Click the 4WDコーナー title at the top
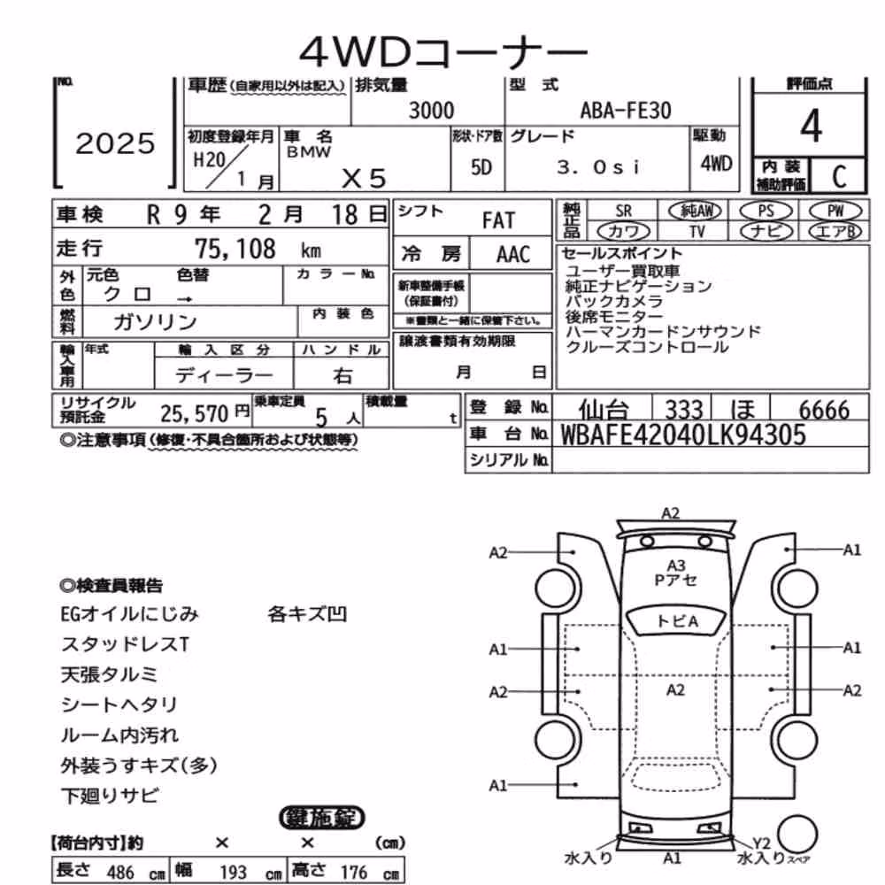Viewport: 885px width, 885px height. pyautogui.click(x=443, y=51)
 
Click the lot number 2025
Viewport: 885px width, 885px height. pyautogui.click(x=115, y=143)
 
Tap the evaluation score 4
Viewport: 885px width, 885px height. pyautogui.click(x=811, y=126)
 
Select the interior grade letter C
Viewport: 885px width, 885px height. pyautogui.click(x=839, y=177)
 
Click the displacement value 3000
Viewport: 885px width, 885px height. pyautogui.click(x=431, y=110)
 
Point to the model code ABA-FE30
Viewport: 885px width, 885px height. pyautogui.click(x=626, y=111)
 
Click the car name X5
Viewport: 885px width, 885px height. pyautogui.click(x=364, y=179)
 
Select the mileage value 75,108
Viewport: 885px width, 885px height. pyautogui.click(x=235, y=249)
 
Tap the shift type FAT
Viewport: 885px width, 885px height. pyautogui.click(x=498, y=220)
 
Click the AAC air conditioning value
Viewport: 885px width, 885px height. pyautogui.click(x=513, y=255)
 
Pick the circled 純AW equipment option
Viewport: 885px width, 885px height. pyautogui.click(x=695, y=211)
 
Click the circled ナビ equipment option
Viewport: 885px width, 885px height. pyautogui.click(x=766, y=231)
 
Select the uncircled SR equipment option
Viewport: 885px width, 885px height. pyautogui.click(x=623, y=211)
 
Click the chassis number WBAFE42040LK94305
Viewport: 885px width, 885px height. pyautogui.click(x=682, y=435)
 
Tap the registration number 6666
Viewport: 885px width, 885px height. pyautogui.click(x=824, y=410)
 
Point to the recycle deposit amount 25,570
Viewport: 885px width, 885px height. pyautogui.click(x=194, y=414)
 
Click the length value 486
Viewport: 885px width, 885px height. pyautogui.click(x=120, y=872)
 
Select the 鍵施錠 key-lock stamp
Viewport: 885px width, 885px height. pyautogui.click(x=322, y=817)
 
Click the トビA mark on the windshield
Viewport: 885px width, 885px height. pyautogui.click(x=677, y=621)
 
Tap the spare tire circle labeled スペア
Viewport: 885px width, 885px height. pyautogui.click(x=797, y=834)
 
